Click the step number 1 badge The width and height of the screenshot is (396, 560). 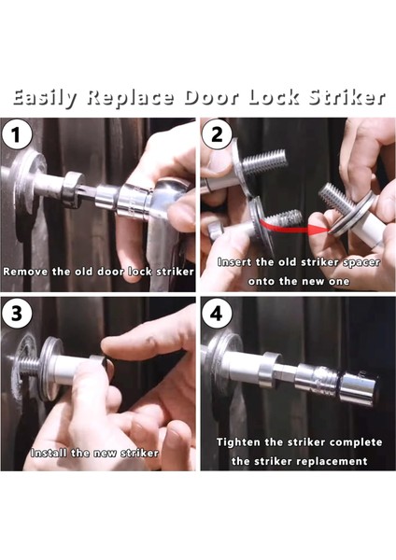(x=16, y=135)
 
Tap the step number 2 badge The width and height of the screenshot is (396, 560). (x=217, y=135)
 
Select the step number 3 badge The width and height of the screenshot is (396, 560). (x=16, y=313)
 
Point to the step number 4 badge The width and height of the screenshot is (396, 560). (x=217, y=314)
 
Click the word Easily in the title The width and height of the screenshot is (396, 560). (x=45, y=98)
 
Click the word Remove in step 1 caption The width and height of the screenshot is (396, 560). (x=26, y=272)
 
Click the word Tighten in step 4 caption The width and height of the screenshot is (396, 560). (x=238, y=442)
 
